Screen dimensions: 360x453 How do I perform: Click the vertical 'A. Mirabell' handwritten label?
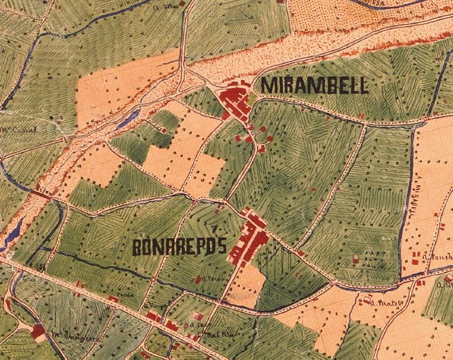click(417, 198)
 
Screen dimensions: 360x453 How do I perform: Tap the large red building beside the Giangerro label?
click(38, 331)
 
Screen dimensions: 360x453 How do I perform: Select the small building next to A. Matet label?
click(365, 299)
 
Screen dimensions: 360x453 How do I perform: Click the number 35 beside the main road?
click(42, 267)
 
